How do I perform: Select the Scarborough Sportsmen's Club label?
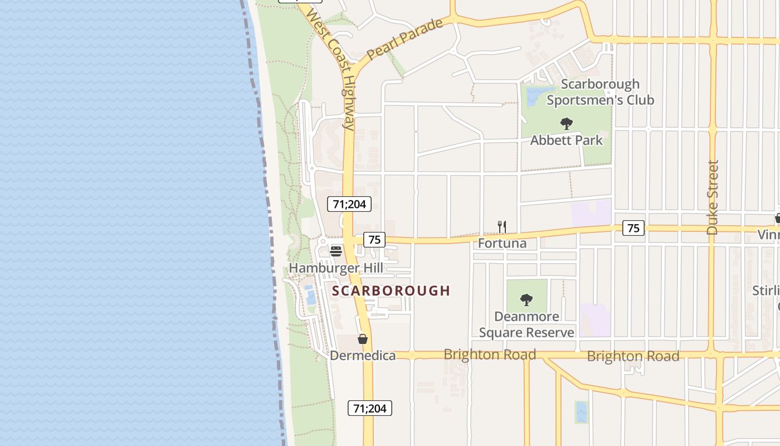click(x=600, y=92)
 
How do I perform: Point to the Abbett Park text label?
click(x=566, y=140)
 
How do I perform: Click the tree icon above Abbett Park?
click(x=567, y=123)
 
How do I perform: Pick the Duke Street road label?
click(x=713, y=197)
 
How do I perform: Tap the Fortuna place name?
click(x=502, y=243)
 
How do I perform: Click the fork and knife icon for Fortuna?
click(x=502, y=226)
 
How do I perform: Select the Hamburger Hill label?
click(x=336, y=268)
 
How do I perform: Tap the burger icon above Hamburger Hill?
click(x=335, y=251)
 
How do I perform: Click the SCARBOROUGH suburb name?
click(x=391, y=290)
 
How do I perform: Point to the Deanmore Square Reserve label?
click(x=526, y=324)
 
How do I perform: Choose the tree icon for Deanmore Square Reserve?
click(x=526, y=300)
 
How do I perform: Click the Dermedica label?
click(x=363, y=356)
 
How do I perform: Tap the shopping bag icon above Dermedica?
click(x=363, y=339)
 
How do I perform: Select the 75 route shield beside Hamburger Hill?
click(x=374, y=240)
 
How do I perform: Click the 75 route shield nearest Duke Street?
click(x=633, y=227)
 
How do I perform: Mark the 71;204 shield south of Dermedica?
click(x=370, y=408)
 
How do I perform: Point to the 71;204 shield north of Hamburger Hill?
click(x=349, y=204)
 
